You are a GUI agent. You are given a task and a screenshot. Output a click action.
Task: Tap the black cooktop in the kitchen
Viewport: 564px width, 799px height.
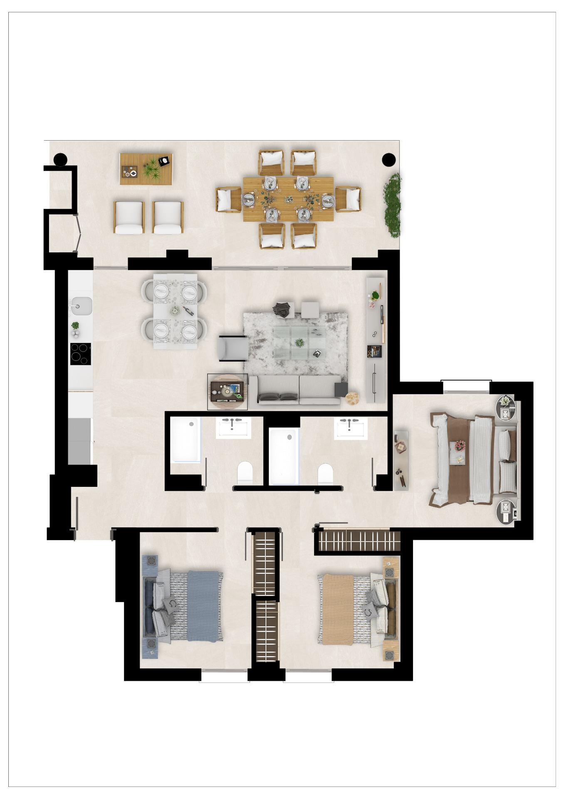[80, 353]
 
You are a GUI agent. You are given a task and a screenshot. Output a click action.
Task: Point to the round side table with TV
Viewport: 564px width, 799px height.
[228, 392]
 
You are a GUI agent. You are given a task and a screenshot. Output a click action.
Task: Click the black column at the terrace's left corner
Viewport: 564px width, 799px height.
[60, 159]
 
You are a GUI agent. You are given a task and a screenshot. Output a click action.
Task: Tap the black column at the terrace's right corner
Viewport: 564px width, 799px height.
[388, 159]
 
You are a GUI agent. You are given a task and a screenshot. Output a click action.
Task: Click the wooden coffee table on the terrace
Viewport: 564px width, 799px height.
[146, 169]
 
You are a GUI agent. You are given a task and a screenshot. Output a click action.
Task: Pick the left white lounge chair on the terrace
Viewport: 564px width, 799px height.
[129, 217]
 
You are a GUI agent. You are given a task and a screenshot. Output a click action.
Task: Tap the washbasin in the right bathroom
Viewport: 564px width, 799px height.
[351, 428]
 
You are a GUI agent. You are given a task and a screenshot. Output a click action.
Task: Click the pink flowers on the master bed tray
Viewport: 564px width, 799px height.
[460, 446]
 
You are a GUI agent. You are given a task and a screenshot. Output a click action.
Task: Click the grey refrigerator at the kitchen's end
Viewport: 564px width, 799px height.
[79, 441]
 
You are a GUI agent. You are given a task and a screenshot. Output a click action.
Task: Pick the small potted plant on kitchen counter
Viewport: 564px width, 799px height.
[75, 325]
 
